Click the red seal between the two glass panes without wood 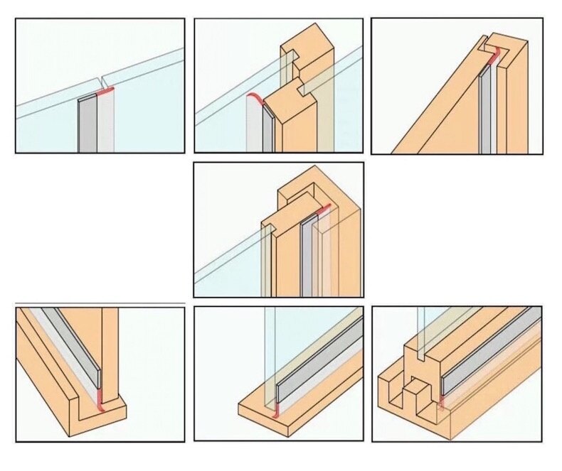(105, 92)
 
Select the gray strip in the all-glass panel (87, 124)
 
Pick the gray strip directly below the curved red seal (267, 131)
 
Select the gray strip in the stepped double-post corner (307, 256)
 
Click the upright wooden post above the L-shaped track (110, 341)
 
